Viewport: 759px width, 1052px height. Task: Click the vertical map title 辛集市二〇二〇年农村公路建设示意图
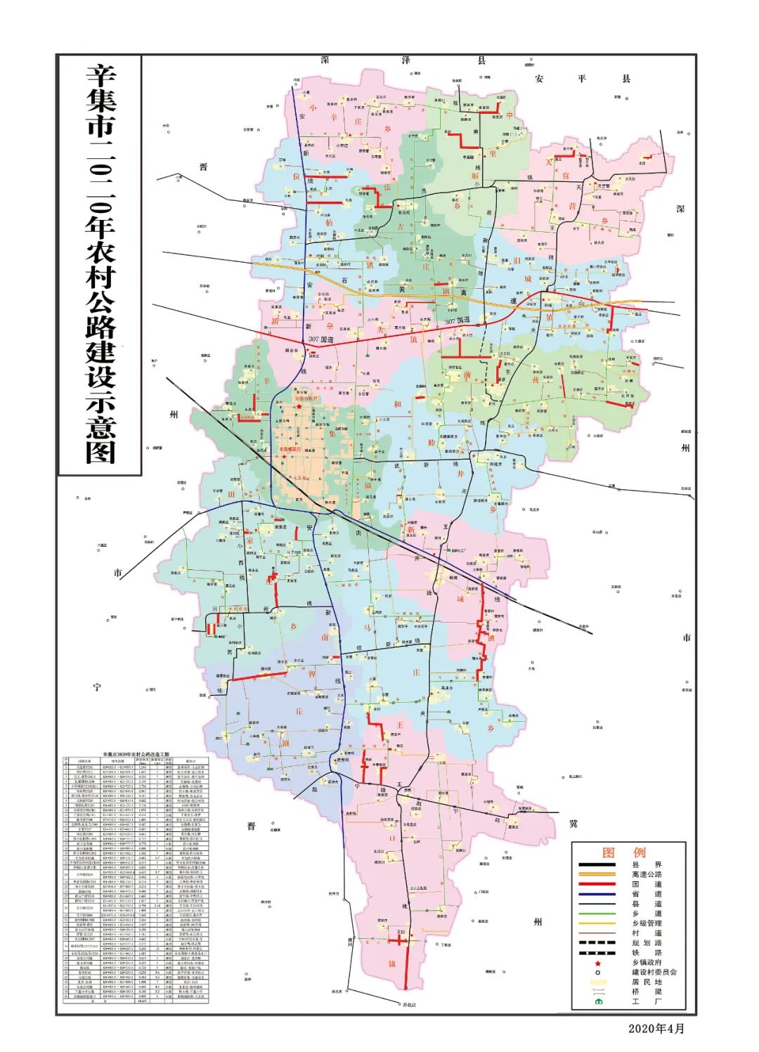point(100,264)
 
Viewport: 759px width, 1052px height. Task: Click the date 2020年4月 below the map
point(656,1028)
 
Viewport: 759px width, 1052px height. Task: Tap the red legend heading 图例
point(623,853)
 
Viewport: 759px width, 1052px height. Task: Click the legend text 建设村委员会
point(654,972)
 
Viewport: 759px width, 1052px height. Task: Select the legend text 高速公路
point(647,875)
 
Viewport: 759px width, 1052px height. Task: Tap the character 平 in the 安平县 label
point(582,79)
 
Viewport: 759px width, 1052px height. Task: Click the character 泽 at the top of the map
point(406,61)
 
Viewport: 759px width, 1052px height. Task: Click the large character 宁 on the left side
point(97,687)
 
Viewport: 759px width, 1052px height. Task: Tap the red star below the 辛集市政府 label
point(299,406)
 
